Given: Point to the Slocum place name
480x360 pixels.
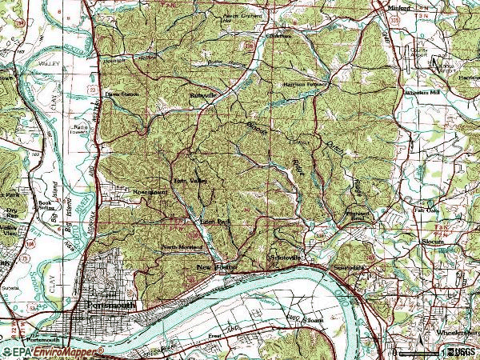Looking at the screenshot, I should [x=432, y=241].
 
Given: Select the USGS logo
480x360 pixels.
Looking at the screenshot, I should [x=462, y=352].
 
